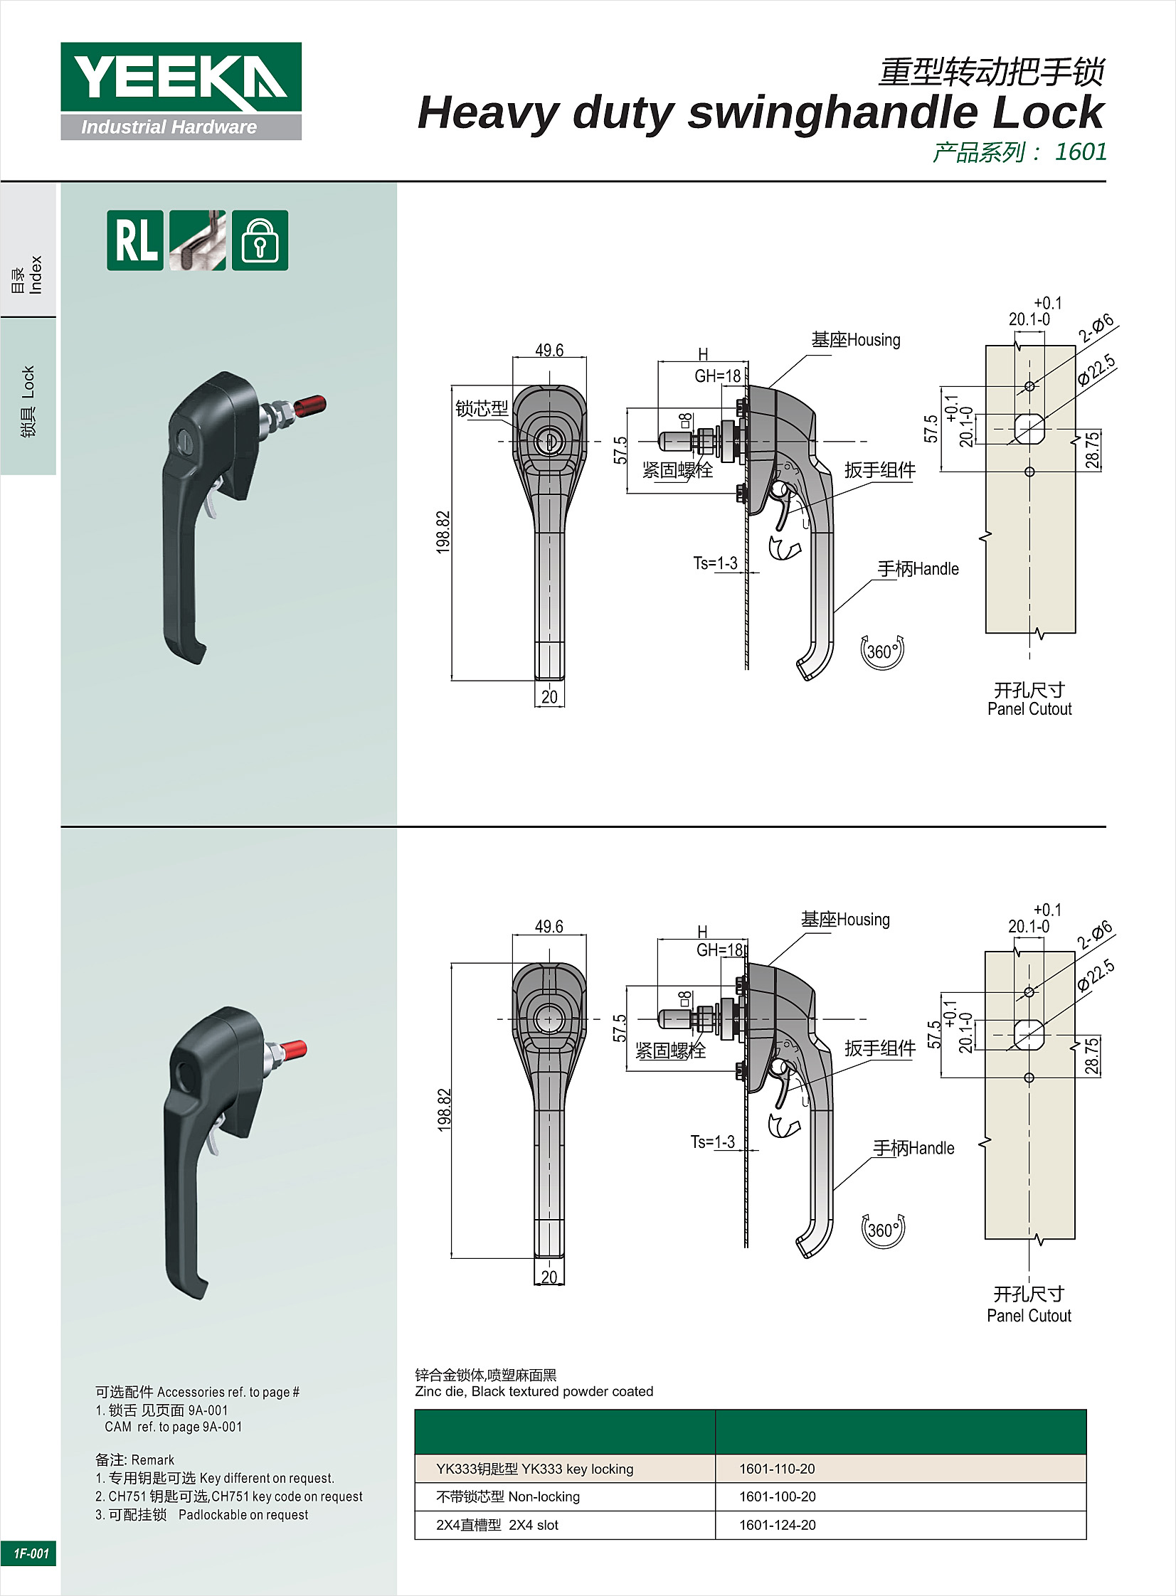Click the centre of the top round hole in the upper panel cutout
pyautogui.click(x=1029, y=386)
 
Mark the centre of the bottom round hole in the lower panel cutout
pyautogui.click(x=1029, y=1078)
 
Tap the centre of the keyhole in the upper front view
pyautogui.click(x=549, y=441)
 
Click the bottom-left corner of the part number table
pyautogui.click(x=415, y=1539)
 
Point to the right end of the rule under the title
pyautogui.click(x=1106, y=181)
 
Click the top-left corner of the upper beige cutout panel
pyautogui.click(x=986, y=346)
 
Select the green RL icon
pyautogui.click(x=135, y=240)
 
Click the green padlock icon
pyautogui.click(x=260, y=240)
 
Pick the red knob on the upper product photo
pyautogui.click(x=310, y=407)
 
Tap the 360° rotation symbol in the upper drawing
pyautogui.click(x=882, y=651)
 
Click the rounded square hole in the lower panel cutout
pyautogui.click(x=1029, y=1036)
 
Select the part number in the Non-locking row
pyautogui.click(x=778, y=1496)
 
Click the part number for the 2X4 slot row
pyautogui.click(x=778, y=1525)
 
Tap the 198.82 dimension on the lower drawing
pyautogui.click(x=443, y=1110)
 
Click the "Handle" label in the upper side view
pyautogui.click(x=936, y=569)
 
